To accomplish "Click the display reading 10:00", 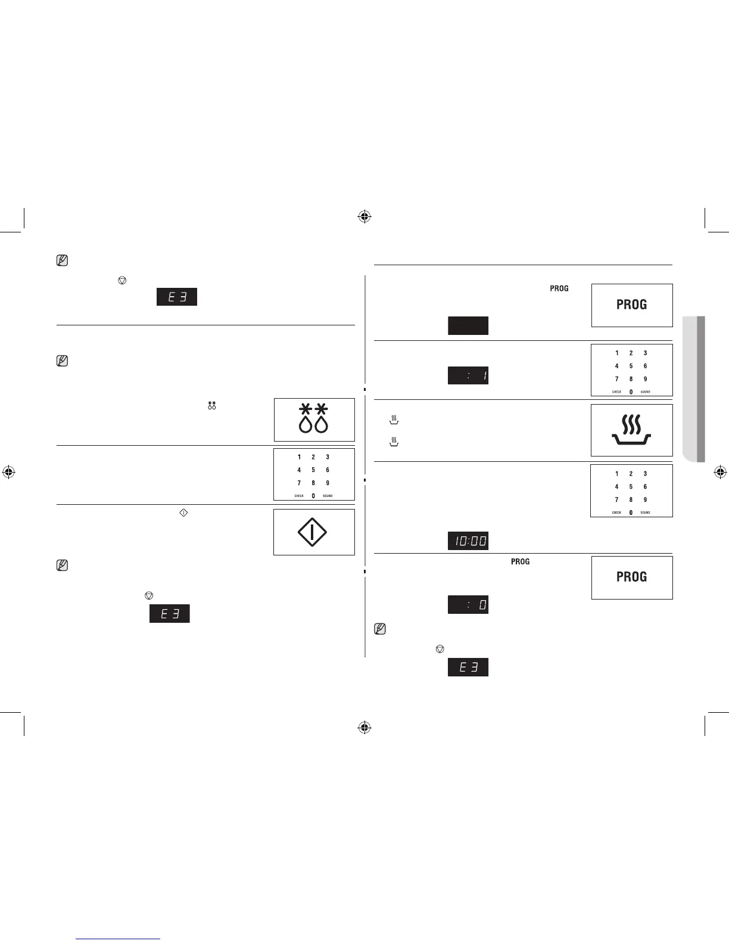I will [468, 541].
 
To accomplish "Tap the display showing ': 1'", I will [468, 375].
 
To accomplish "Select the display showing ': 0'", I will [468, 604].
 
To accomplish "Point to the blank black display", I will [468, 325].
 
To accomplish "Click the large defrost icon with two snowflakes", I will [314, 419].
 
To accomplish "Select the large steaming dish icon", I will [631, 430].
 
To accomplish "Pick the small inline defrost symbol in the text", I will [211, 405].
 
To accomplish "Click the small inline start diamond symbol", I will [183, 512].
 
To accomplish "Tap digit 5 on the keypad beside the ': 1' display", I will [631, 366].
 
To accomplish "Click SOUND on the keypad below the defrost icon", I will [328, 496].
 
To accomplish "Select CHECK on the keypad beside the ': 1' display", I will [616, 392].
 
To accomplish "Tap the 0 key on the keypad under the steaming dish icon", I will [631, 513].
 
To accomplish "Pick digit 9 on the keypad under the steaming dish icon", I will [645, 499].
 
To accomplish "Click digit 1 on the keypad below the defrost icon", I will [299, 457].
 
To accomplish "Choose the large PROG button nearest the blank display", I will [631, 305].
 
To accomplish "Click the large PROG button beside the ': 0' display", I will [631, 577].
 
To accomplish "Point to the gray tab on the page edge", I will [693, 389].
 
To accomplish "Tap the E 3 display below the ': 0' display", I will [468, 667].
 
